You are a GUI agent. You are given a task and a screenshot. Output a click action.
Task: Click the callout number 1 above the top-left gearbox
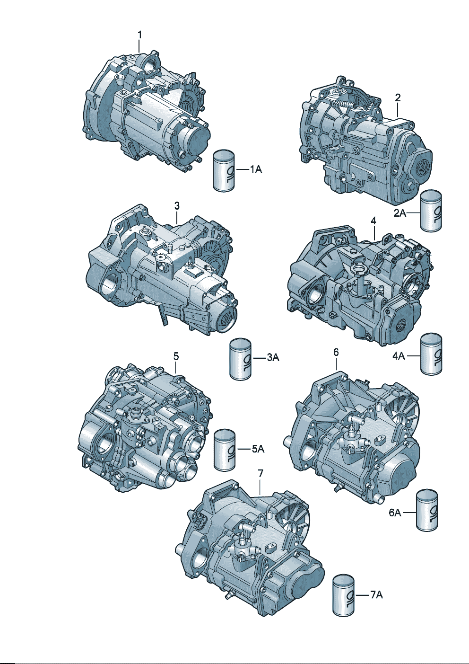point(139,35)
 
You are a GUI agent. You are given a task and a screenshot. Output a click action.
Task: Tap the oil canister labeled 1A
point(224,169)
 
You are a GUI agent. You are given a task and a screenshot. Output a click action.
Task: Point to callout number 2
point(398,97)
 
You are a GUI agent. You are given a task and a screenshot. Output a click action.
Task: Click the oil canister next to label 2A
point(431,210)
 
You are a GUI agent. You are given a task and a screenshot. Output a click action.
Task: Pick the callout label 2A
point(400,213)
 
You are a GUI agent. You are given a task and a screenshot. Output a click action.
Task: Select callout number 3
point(176,205)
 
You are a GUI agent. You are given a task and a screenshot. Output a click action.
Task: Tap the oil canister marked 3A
point(241,358)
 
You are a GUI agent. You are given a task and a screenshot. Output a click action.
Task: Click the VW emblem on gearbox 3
point(227,319)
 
